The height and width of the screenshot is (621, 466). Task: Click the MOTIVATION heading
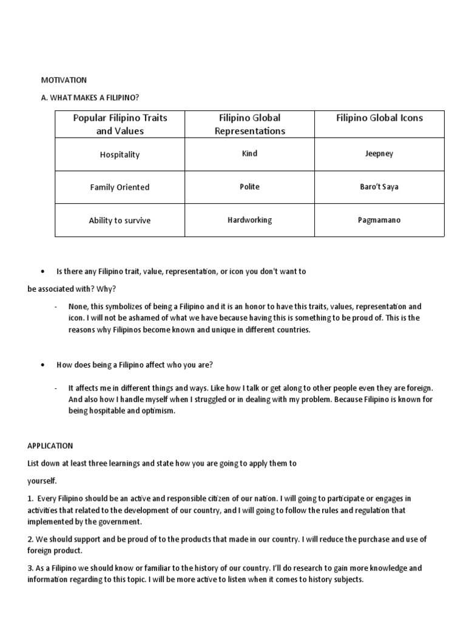click(x=64, y=79)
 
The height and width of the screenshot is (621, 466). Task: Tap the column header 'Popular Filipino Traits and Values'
click(x=120, y=124)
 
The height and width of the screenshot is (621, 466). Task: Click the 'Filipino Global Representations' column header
click(x=249, y=124)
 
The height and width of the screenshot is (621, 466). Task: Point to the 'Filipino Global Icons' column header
click(x=379, y=118)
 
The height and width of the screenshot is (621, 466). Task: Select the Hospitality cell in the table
click(x=120, y=155)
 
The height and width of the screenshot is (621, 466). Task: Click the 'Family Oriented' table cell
click(x=120, y=187)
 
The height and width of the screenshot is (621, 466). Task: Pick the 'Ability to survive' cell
click(x=120, y=221)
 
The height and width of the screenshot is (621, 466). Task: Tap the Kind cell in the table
click(x=249, y=154)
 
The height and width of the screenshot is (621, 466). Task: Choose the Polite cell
click(x=249, y=187)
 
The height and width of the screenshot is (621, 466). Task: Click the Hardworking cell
click(x=249, y=220)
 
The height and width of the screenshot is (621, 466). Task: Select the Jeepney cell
click(x=379, y=154)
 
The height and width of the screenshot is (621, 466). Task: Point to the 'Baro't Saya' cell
click(x=379, y=187)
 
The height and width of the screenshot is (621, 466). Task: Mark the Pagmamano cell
click(x=379, y=220)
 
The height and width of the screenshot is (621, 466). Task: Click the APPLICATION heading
click(x=50, y=445)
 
